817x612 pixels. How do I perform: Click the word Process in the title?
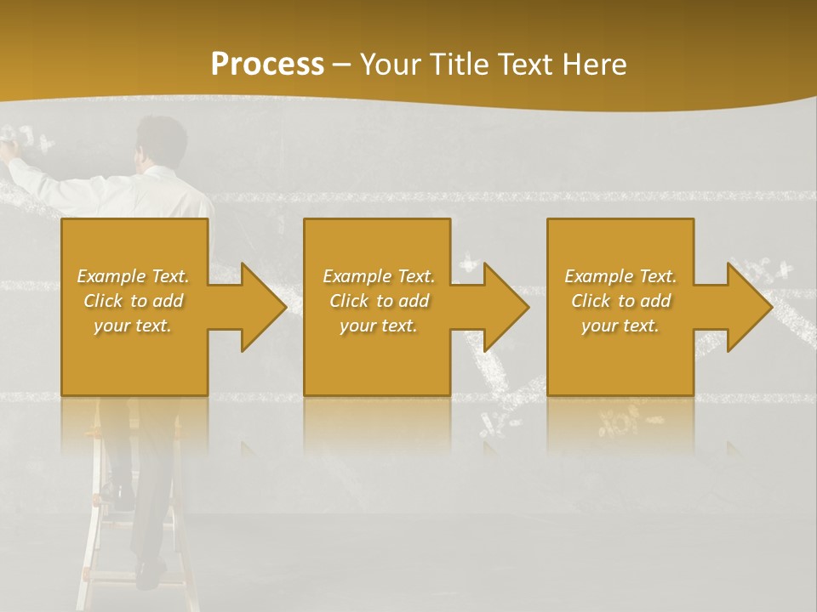coord(267,65)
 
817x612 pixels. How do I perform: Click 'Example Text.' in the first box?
coord(134,276)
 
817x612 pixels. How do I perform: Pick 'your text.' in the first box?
coord(134,326)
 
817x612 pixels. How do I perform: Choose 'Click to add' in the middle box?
coord(379,301)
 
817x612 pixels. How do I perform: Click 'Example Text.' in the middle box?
coord(379,276)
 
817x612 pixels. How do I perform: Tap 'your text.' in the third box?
coord(620,326)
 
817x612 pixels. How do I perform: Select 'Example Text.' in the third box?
coord(620,276)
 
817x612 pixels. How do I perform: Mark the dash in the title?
coord(342,65)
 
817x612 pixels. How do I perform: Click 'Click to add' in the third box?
coord(620,301)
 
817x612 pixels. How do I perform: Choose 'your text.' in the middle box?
coord(379,326)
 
